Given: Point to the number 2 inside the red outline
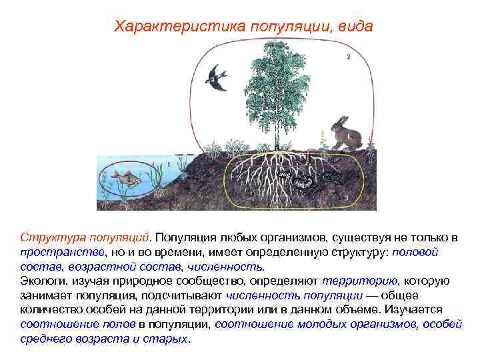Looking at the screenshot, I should pyautogui.click(x=348, y=57).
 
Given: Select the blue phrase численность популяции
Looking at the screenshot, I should pyautogui.click(x=295, y=296).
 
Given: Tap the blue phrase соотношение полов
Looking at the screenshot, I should pyautogui.click(x=78, y=324).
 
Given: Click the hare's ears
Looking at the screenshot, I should pyautogui.click(x=341, y=120).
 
